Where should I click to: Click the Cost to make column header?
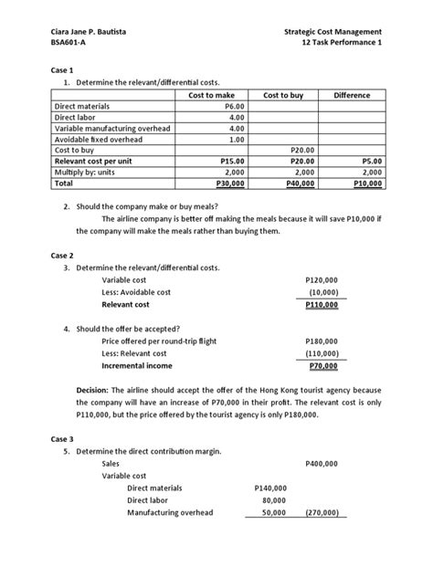coord(211,95)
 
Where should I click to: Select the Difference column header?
coord(352,95)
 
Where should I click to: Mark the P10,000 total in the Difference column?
coord(367,183)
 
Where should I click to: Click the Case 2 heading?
coord(62,255)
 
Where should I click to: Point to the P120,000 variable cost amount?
coord(321,280)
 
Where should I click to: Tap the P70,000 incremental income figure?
coord(322,366)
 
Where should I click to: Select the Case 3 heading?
coord(62,438)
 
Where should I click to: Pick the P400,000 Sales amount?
coord(321,464)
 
